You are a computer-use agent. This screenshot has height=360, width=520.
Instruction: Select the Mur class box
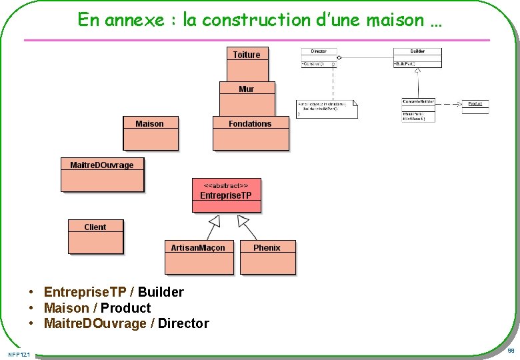pyautogui.click(x=247, y=99)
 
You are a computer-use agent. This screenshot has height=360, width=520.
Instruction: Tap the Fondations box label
pyautogui.click(x=250, y=123)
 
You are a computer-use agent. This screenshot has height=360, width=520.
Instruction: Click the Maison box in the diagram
pyautogui.click(x=150, y=133)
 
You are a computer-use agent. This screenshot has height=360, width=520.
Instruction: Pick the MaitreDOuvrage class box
pyautogui.click(x=102, y=175)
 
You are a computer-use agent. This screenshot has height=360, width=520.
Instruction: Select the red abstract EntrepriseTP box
pyautogui.click(x=226, y=195)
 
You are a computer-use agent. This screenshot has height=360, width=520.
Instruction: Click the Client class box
pyautogui.click(x=95, y=237)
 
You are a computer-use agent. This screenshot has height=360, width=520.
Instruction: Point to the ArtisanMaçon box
pyautogui.click(x=199, y=257)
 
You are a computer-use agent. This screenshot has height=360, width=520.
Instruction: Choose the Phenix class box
pyautogui.click(x=267, y=257)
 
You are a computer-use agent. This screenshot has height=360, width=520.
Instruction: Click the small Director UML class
pyautogui.click(x=319, y=58)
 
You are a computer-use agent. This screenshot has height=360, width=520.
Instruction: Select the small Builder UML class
pyautogui.click(x=417, y=58)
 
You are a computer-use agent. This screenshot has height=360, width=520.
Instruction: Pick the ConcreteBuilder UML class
pyautogui.click(x=418, y=110)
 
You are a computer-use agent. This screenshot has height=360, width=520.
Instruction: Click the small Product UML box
pyautogui.click(x=475, y=104)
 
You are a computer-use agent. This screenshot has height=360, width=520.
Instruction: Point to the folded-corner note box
pyautogui.click(x=327, y=109)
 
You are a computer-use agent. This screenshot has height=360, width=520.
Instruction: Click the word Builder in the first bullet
pyautogui.click(x=161, y=292)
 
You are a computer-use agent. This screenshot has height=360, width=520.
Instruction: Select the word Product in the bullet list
pyautogui.click(x=126, y=308)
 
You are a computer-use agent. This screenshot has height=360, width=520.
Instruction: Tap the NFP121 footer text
pyautogui.click(x=19, y=353)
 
